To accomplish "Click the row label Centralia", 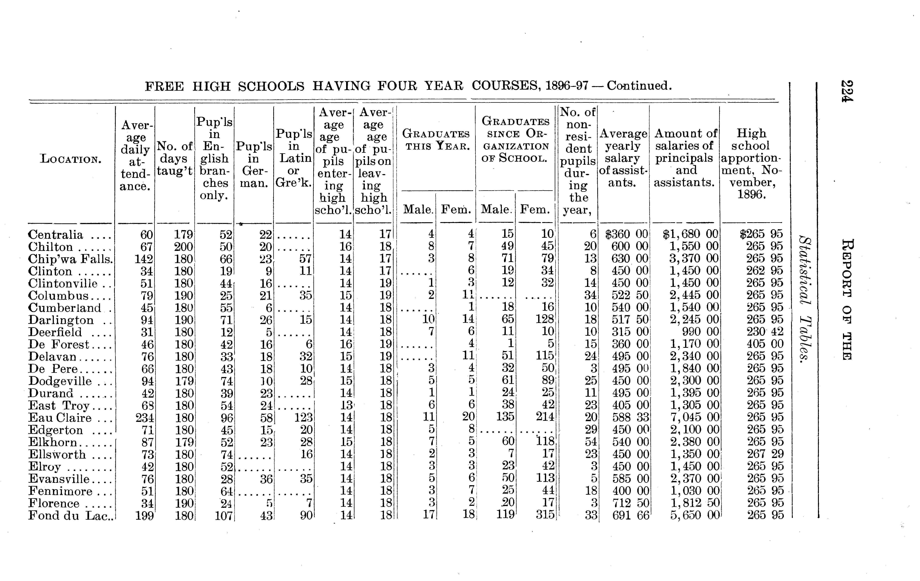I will tap(55, 234).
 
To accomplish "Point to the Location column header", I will tap(71, 159).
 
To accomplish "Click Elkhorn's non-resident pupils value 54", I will tap(591, 442).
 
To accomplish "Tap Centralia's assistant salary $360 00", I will tap(627, 234).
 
